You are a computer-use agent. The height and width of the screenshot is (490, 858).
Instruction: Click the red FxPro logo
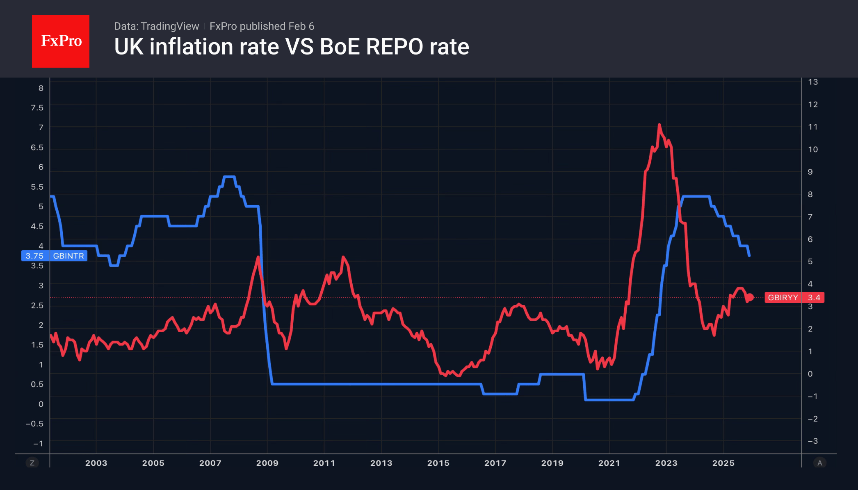click(x=61, y=41)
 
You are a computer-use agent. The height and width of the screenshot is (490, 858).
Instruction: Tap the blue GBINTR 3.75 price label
click(x=54, y=256)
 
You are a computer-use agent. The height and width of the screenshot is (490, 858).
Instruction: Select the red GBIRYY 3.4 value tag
click(x=794, y=297)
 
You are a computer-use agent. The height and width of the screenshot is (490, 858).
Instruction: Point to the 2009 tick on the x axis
click(x=267, y=463)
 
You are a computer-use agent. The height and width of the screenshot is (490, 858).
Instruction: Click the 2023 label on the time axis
click(x=666, y=463)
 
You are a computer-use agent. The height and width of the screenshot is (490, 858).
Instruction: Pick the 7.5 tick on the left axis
click(x=37, y=108)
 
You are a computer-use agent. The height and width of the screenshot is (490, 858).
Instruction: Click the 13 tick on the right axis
click(x=812, y=82)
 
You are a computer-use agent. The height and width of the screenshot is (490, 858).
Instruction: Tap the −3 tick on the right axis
click(x=812, y=441)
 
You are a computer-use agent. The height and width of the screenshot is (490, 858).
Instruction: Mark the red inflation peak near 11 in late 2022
click(x=659, y=125)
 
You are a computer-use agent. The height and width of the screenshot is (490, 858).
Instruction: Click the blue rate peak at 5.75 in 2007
click(x=229, y=177)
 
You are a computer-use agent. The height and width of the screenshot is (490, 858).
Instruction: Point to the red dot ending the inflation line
click(x=750, y=297)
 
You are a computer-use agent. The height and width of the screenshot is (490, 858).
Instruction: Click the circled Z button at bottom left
click(x=32, y=463)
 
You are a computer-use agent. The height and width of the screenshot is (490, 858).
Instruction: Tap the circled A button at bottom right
click(x=819, y=463)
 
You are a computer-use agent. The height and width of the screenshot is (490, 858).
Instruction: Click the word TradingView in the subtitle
click(x=170, y=26)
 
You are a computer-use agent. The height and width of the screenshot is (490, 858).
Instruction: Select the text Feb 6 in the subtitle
click(x=301, y=26)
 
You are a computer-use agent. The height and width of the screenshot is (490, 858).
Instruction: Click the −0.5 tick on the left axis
click(x=34, y=424)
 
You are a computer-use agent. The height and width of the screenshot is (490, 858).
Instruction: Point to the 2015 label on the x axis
click(x=438, y=463)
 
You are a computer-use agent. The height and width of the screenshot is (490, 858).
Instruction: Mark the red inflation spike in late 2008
click(x=258, y=257)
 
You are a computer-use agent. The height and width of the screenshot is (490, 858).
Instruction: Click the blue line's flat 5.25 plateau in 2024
click(x=696, y=197)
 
